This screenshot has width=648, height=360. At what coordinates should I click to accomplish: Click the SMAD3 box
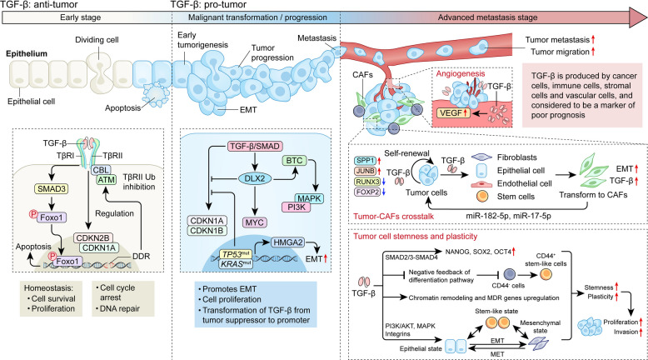52,189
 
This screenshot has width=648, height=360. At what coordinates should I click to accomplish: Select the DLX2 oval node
255,178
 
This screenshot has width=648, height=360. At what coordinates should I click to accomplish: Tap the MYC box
255,222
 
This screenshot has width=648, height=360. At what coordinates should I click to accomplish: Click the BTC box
294,160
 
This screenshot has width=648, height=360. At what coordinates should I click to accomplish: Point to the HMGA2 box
287,242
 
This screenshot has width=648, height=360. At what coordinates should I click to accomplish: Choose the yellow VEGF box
453,112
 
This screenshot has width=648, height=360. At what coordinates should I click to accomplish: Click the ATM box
107,180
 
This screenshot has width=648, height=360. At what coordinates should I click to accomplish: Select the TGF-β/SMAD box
255,147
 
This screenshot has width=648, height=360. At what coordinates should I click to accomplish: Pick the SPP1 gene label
365,160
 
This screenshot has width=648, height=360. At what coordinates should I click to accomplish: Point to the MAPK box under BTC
309,198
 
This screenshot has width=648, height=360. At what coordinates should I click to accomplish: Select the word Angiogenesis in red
461,73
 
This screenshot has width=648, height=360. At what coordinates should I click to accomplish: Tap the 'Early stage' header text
80,17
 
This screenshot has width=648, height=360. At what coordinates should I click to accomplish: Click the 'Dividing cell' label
97,40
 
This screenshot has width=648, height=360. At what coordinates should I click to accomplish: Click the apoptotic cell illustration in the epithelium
156,95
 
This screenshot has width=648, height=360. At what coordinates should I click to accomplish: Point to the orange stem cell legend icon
482,196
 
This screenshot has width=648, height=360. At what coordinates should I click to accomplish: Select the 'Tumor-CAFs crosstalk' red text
393,216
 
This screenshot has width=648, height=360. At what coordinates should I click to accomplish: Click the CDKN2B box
93,238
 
